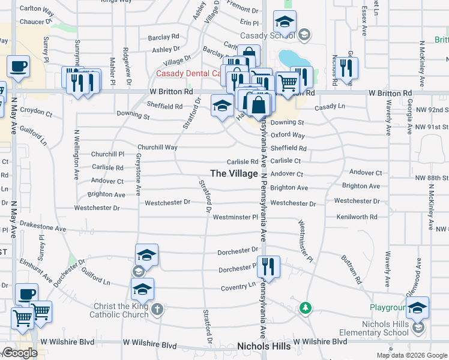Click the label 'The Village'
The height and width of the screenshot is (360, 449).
(234, 173)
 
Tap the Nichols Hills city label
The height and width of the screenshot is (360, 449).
(264, 346)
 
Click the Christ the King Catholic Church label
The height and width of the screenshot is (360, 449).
(119, 310)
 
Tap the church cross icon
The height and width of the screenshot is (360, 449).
(157, 310)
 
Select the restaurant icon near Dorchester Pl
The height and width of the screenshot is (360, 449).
(268, 265)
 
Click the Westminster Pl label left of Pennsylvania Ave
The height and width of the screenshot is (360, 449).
(235, 217)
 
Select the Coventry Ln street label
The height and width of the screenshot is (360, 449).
(238, 287)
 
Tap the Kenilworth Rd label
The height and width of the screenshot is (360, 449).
(357, 217)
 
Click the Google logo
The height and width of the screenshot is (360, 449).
(20, 353)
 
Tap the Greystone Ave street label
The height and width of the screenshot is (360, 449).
(138, 174)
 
